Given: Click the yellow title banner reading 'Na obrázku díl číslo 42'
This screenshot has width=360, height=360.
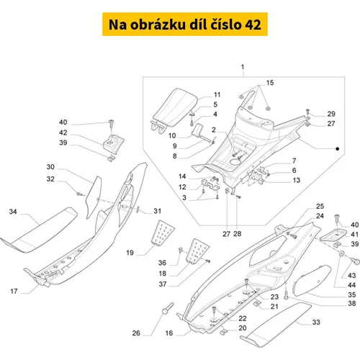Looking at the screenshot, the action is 185,24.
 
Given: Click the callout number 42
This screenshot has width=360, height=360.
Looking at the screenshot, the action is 63,132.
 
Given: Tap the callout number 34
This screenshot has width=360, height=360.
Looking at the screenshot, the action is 13,212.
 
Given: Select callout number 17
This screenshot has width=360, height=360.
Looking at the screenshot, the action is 14,291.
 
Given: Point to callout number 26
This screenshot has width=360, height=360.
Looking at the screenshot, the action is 136,333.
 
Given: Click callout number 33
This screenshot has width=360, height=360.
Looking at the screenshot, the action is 316,322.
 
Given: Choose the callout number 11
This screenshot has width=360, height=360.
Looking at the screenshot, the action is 217,95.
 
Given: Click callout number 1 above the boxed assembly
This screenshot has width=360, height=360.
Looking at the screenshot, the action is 243,67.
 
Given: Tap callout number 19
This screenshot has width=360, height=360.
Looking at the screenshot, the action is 130,253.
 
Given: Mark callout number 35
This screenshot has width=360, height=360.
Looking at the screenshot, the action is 352,294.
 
